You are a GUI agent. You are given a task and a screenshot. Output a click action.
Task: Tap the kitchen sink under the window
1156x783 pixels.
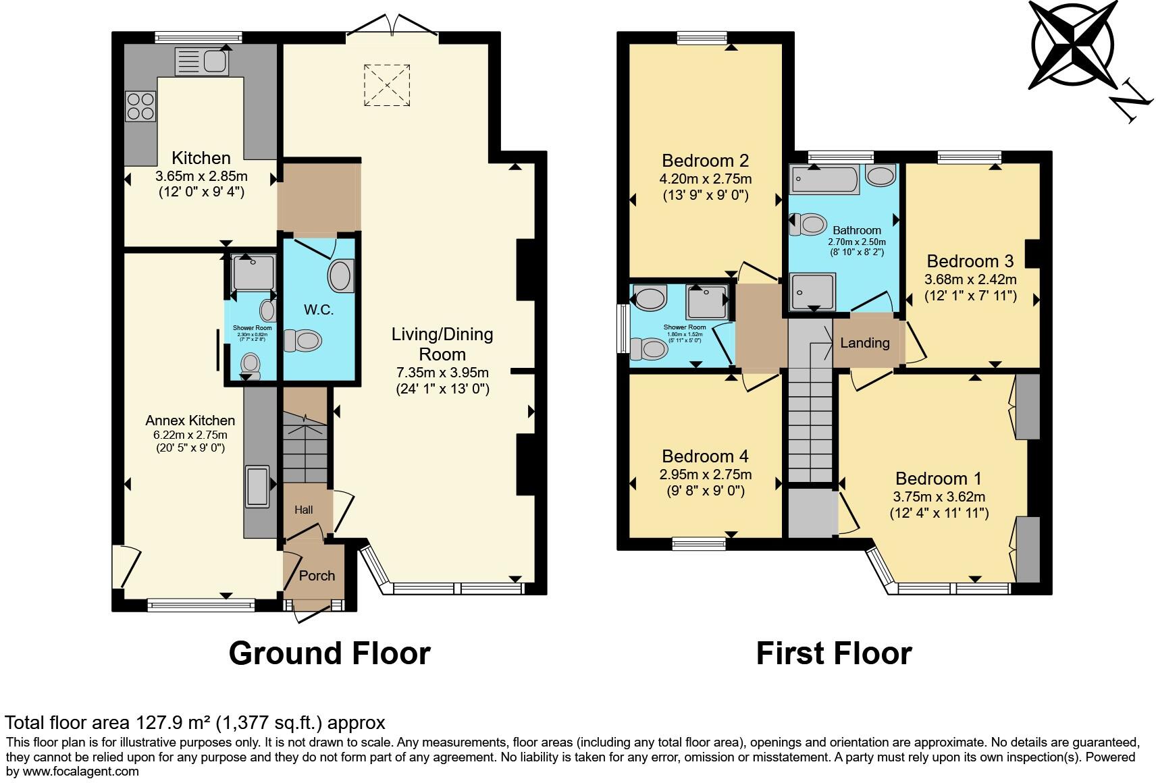pyautogui.click(x=203, y=61)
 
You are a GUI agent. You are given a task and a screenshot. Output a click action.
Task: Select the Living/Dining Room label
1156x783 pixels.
pyautogui.click(x=442, y=344)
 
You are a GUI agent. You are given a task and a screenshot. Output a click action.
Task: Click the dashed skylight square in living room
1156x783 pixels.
pyautogui.click(x=387, y=85)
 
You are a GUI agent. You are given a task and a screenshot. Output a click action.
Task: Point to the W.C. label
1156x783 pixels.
pyautogui.click(x=319, y=310)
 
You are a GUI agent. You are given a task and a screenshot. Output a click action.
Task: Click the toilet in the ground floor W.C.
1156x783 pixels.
pyautogui.click(x=302, y=341)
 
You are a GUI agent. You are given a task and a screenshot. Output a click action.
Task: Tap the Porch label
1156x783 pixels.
pyautogui.click(x=317, y=575)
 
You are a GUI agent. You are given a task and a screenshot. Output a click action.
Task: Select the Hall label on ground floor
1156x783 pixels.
pyautogui.click(x=303, y=510)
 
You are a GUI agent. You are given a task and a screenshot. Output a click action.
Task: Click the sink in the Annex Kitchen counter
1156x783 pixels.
pyautogui.click(x=258, y=485)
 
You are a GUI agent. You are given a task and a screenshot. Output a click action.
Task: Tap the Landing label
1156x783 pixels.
pyautogui.click(x=864, y=343)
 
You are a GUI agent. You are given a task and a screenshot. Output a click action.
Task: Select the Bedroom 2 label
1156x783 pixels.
pyautogui.click(x=705, y=161)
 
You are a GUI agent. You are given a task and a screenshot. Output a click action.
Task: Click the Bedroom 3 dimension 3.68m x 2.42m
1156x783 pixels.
pyautogui.click(x=971, y=279)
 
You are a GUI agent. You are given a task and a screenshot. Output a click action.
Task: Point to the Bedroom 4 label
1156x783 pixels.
pyautogui.click(x=705, y=456)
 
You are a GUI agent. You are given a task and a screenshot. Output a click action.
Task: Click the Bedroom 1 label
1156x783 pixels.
pyautogui.click(x=938, y=479)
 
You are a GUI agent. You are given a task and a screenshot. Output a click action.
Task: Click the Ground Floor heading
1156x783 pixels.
pyautogui.click(x=330, y=653)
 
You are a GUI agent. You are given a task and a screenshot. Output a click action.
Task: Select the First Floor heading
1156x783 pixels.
pyautogui.click(x=833, y=653)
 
